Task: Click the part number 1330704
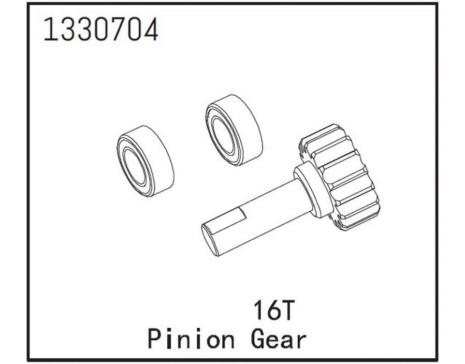(x=101, y=29)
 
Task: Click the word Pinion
(x=191, y=339)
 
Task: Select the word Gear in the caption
(x=278, y=339)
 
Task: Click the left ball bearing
(x=146, y=161)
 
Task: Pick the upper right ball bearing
(x=234, y=130)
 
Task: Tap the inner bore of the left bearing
(x=135, y=168)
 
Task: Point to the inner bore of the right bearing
(x=223, y=137)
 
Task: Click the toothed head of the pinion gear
(x=341, y=177)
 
